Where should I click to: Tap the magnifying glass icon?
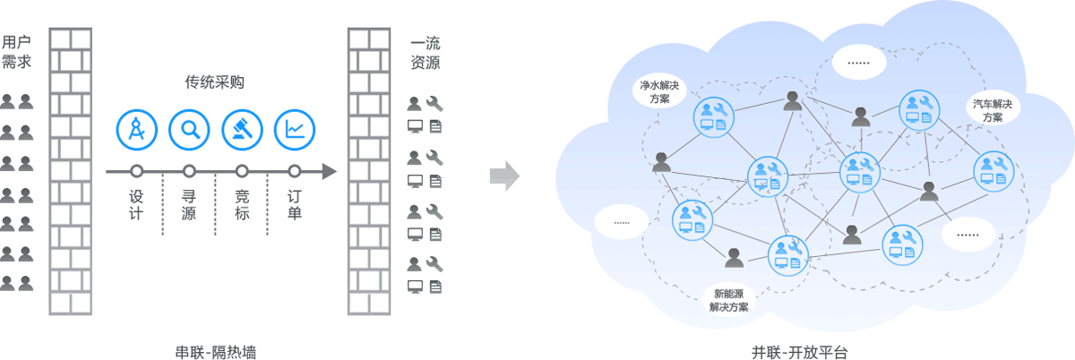click(x=189, y=129)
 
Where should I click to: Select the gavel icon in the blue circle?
click(x=241, y=129)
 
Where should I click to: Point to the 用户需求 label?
click(x=12, y=52)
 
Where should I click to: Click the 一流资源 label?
click(x=426, y=52)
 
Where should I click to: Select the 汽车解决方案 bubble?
click(x=993, y=110)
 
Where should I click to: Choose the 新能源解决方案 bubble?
click(x=728, y=300)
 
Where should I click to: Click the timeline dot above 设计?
click(x=136, y=171)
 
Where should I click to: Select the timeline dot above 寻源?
click(x=189, y=171)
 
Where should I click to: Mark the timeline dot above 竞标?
click(x=241, y=171)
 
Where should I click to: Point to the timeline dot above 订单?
click(x=294, y=171)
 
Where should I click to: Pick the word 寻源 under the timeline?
click(x=189, y=204)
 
